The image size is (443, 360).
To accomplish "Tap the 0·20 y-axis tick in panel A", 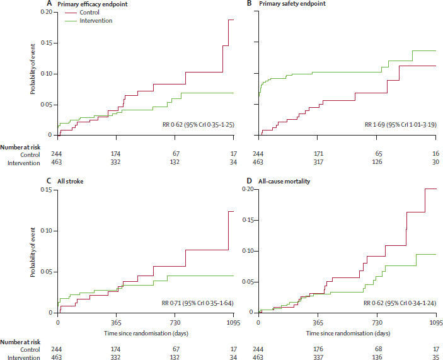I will (47, 13).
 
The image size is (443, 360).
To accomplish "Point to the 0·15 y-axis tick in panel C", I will (47, 190).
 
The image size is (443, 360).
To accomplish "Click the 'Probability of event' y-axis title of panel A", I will (33, 74).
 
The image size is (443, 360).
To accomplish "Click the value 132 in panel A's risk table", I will (176, 163).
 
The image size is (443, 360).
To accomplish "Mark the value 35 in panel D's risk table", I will (435, 357).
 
